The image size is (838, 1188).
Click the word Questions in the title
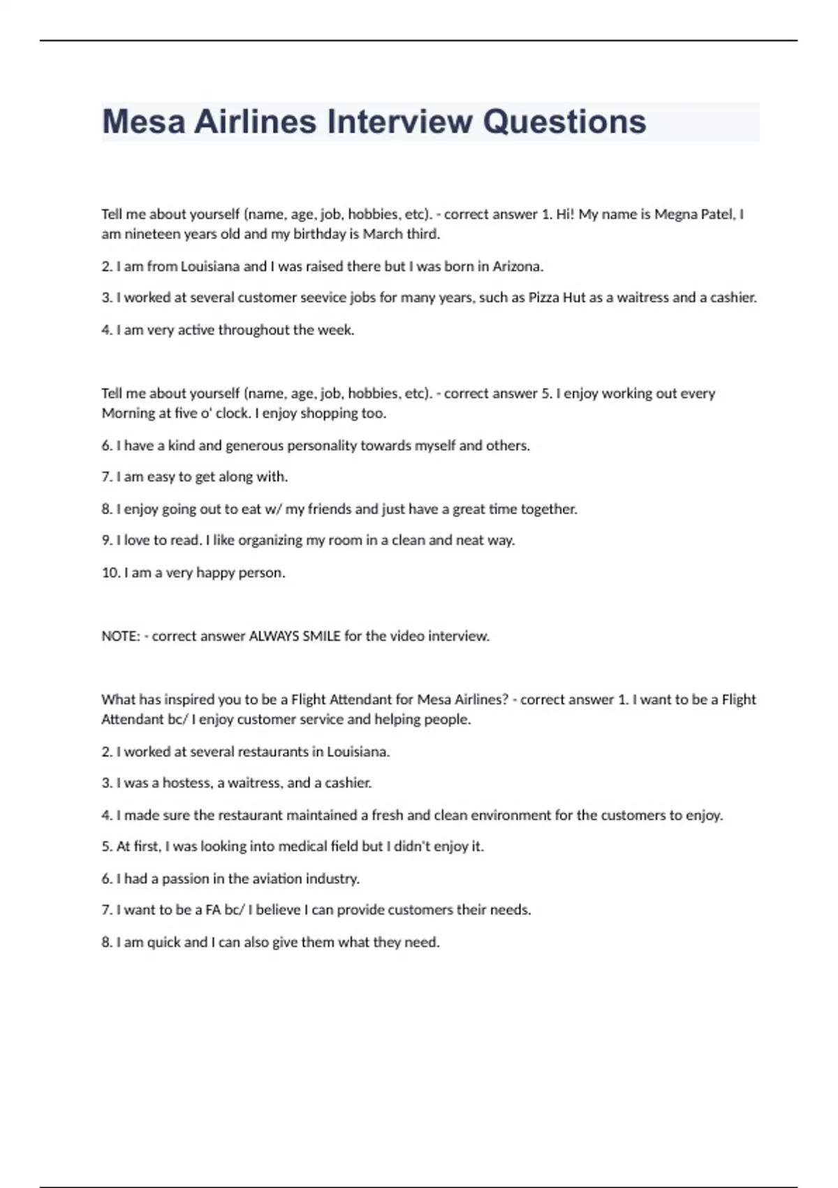pyautogui.click(x=564, y=122)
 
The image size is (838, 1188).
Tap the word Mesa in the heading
pyautogui.click(x=144, y=122)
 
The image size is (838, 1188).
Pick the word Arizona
pyautogui.click(x=517, y=266)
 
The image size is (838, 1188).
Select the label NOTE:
pyautogui.click(x=121, y=637)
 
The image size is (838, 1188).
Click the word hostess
pyautogui.click(x=186, y=783)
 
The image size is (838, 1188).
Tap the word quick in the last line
pyautogui.click(x=163, y=943)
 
